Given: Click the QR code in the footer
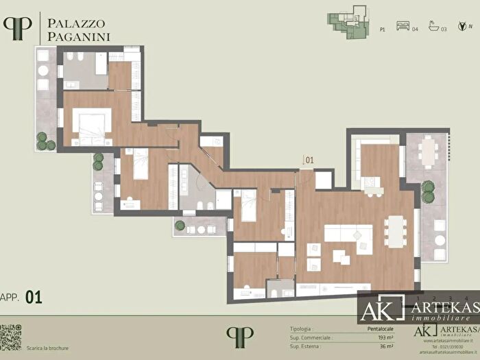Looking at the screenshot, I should pos(10,337).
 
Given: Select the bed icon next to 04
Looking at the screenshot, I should pos(405,29).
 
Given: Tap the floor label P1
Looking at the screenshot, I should pos(382,30).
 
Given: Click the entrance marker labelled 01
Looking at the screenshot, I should pos(309,161).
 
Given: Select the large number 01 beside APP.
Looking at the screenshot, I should pos(34,297).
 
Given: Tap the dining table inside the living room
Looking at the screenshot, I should pos(395,230).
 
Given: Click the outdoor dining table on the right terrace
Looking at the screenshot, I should pos(429,152).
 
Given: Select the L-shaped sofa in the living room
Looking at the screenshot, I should pos(348,235).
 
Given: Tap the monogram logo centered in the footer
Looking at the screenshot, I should pos(239,336).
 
